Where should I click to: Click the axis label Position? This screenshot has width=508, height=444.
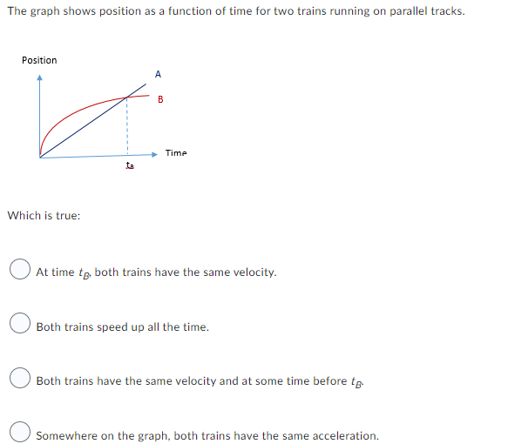pos(39,60)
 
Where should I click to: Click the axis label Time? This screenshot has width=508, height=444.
pos(176,153)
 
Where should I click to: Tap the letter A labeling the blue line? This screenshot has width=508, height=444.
pos(158,74)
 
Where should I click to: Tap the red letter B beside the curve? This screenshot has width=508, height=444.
pos(160,99)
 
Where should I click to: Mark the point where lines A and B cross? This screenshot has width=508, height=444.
pos(128,96)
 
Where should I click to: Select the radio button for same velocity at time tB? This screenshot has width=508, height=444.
pos(21,272)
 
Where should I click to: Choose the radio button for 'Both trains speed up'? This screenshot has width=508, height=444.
pos(21,326)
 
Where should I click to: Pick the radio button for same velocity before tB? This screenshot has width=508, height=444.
pos(21,380)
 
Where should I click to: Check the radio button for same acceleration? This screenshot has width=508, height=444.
pos(21,434)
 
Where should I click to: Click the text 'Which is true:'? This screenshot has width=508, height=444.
pos(44,215)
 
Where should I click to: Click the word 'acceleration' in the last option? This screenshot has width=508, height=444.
pos(345,435)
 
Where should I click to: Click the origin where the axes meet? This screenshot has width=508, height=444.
pos(39,157)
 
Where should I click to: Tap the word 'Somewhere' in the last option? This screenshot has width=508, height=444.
pos(65,435)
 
